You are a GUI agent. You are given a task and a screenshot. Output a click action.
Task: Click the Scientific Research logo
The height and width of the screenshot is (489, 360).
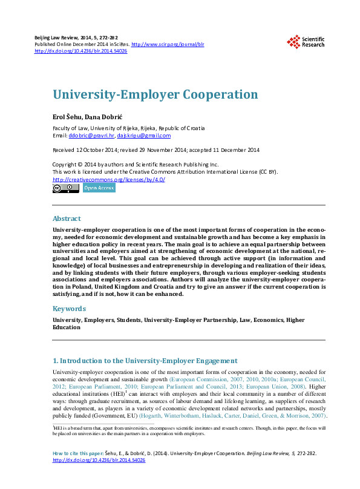pyautogui.click(x=306, y=41)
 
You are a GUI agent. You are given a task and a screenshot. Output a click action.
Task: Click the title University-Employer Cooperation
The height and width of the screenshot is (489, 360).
pyautogui.click(x=155, y=95)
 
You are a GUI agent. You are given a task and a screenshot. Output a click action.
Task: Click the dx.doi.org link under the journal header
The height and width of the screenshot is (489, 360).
pyautogui.click(x=81, y=51)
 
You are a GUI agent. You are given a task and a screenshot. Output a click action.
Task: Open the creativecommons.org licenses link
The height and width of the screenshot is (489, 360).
pyautogui.click(x=109, y=179)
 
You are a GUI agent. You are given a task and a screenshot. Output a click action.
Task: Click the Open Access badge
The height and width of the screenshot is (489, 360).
pyautogui.click(x=99, y=188)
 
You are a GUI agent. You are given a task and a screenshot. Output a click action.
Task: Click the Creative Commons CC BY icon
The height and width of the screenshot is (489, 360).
pyautogui.click(x=66, y=188)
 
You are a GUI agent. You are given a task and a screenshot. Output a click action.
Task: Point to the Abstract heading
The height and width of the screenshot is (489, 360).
pyautogui.click(x=67, y=218)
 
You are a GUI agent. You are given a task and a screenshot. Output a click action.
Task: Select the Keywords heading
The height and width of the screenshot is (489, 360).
pyautogui.click(x=69, y=309)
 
